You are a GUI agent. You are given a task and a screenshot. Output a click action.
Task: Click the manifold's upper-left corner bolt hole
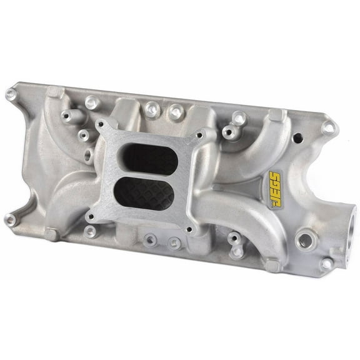pos(11,94)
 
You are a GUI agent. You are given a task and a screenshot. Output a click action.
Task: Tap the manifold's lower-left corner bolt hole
pos(10,219)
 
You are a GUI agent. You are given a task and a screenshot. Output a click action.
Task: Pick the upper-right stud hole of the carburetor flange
pos(199,134)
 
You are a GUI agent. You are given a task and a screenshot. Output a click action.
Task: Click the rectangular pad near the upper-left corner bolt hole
pos(53,93)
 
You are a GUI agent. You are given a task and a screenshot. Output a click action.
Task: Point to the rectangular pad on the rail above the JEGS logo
pos(272,117)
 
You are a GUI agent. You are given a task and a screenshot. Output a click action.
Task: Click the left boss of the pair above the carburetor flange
pos(151,109)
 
